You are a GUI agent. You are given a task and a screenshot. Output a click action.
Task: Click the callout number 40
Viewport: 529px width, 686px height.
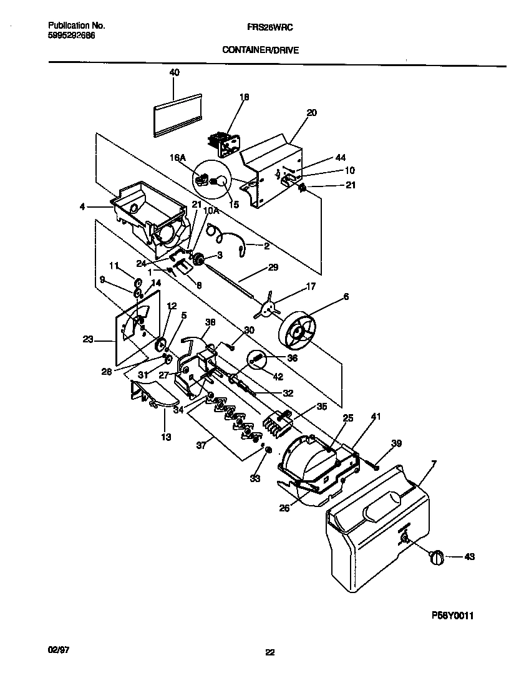174,73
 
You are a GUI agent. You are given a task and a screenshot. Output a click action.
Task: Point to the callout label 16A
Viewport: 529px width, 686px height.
179,159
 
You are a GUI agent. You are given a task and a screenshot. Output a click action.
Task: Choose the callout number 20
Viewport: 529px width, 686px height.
312,113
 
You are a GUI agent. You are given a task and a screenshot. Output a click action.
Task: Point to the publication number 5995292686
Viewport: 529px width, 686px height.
72,36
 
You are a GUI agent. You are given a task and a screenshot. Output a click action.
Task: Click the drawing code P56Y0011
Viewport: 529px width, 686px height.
453,615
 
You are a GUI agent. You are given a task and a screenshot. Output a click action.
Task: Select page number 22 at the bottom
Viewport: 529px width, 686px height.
269,653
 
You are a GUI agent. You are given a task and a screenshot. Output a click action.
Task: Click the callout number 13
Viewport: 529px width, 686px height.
166,437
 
